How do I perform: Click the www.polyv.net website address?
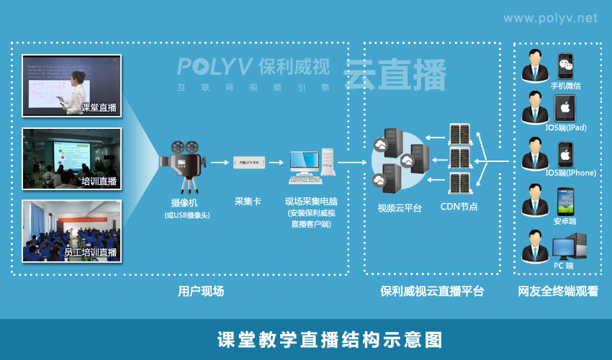pos(549,18)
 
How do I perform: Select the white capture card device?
pos(251,163)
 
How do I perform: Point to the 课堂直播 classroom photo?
pos(71,85)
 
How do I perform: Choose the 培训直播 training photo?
pos(71,158)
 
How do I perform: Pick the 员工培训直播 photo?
pos(71,230)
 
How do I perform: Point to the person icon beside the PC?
pos(535,245)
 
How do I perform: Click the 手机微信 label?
pos(565,86)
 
